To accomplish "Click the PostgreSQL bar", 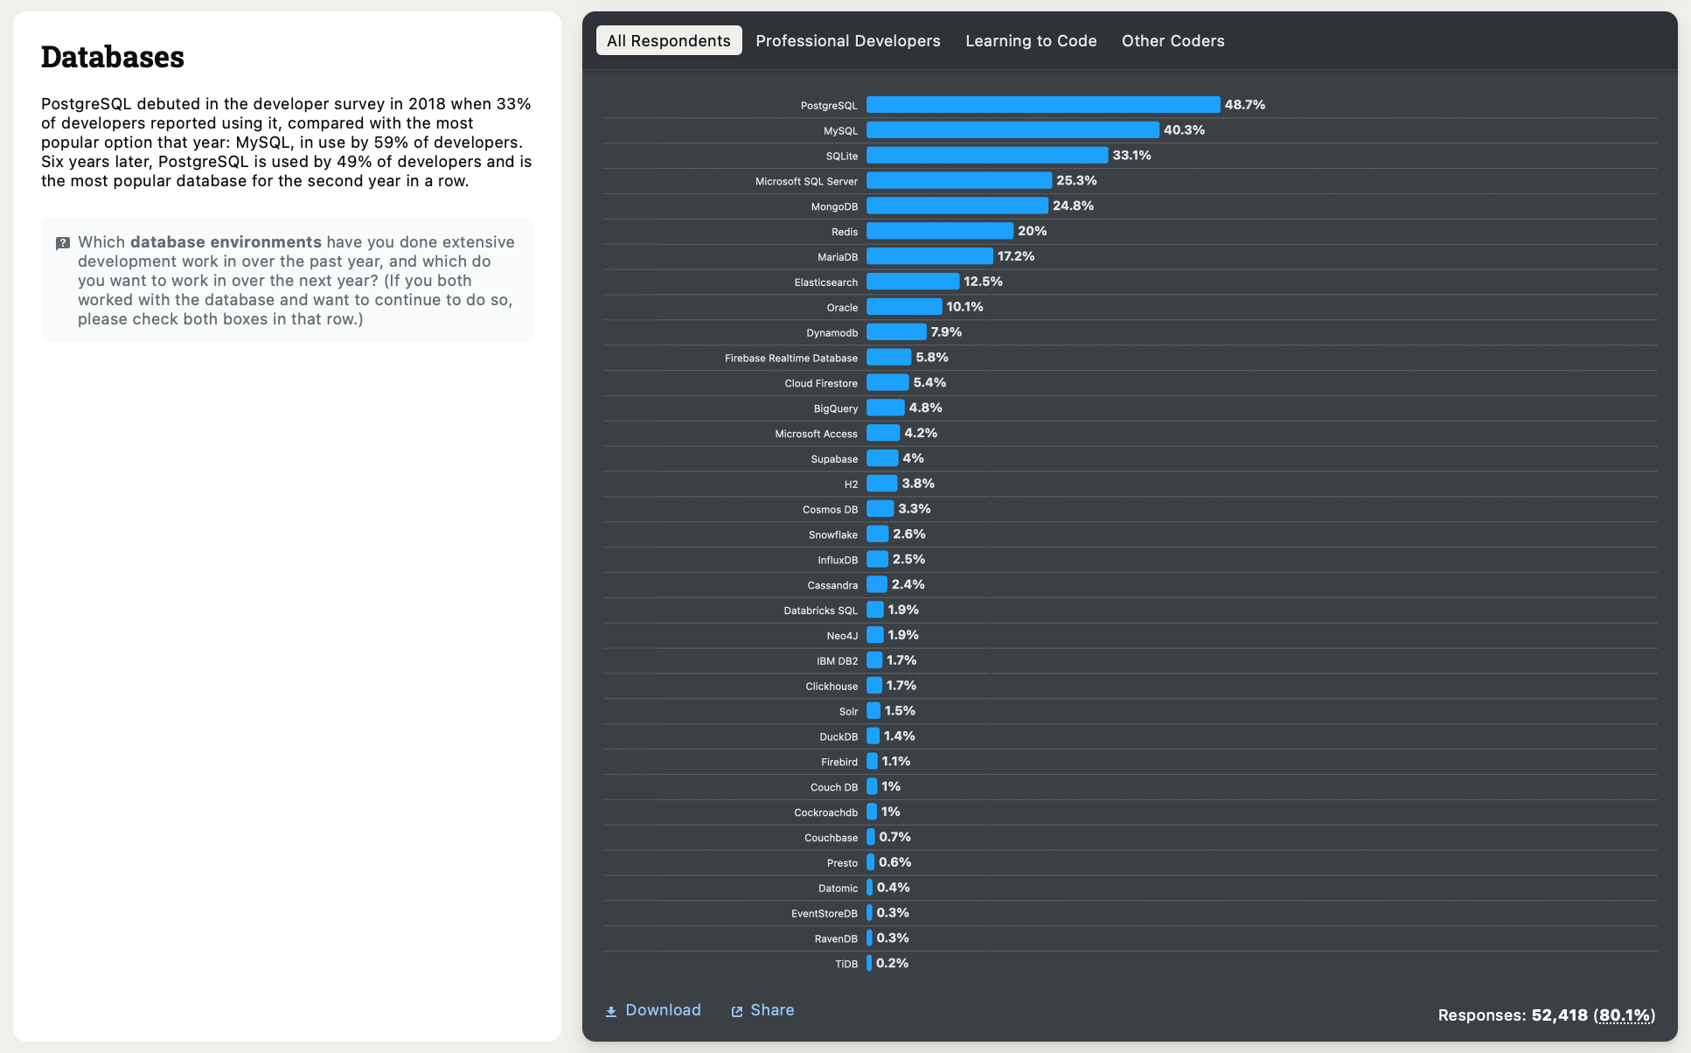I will point(1042,105).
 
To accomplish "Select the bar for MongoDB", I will point(957,206).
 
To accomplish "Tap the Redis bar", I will point(939,231).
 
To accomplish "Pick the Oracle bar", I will point(904,307).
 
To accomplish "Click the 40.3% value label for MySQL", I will point(1184,130).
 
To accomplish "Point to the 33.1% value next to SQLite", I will point(1131,156).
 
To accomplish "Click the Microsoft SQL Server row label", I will point(806,182).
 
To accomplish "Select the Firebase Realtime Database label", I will point(790,359).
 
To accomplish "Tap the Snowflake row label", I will point(832,535).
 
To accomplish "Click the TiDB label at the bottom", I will point(845,965).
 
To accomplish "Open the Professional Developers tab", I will point(847,41).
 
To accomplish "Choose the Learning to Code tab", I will point(1031,41).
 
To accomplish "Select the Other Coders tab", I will point(1173,41).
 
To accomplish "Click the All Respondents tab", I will point(668,41).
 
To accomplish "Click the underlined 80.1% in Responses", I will point(1624,1015).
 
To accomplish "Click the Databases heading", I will point(113,58).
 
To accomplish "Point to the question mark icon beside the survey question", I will point(63,243).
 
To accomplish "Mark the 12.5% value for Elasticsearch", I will point(983,282).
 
